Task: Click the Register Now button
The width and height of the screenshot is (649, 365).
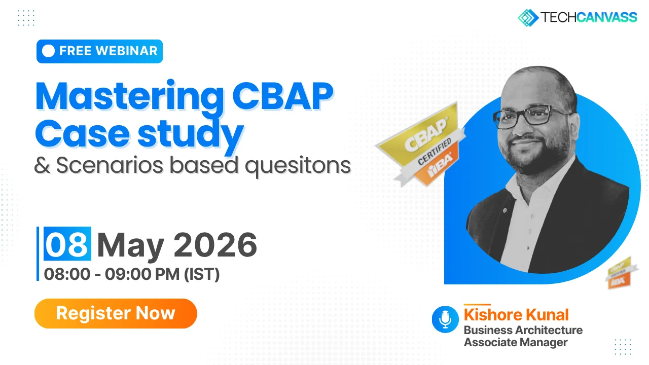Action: tap(116, 313)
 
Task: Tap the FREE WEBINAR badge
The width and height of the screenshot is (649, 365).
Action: tap(99, 51)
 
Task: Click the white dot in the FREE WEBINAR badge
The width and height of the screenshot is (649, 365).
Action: tap(48, 51)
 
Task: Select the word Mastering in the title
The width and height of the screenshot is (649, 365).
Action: tap(129, 96)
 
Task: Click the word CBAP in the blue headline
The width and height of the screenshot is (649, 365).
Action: tap(282, 96)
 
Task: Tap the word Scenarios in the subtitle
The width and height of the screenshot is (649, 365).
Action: tap(110, 165)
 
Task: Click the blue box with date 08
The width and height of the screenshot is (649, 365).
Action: tap(67, 244)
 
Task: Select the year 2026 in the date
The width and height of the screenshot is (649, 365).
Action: tap(215, 245)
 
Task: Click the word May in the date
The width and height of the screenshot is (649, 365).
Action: tap(131, 247)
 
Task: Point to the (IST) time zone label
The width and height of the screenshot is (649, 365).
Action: tap(202, 274)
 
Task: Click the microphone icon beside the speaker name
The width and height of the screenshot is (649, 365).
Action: tap(445, 319)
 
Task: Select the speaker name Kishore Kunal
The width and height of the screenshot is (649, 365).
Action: tap(516, 315)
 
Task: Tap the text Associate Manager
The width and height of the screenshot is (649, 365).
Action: tap(516, 342)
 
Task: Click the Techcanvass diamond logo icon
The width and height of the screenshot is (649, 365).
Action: tap(528, 18)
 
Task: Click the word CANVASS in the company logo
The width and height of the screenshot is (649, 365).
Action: tap(606, 17)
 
